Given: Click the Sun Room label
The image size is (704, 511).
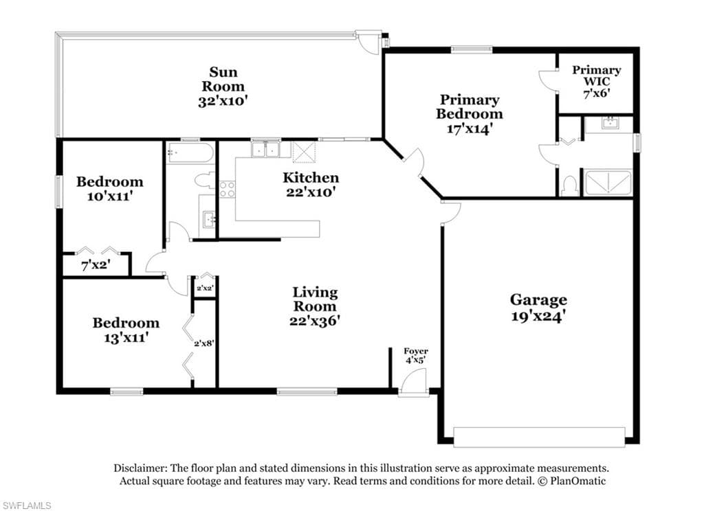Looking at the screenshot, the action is pos(223,79).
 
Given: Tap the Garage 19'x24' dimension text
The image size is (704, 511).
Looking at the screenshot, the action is pos(538,317).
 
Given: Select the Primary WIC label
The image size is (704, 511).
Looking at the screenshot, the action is pos(597,76).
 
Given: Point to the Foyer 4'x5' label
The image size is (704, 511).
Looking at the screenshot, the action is pos(416,355).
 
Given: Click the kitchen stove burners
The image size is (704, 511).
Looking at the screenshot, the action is pos(227,189).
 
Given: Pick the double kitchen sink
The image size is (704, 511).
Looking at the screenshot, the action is pos(266,149).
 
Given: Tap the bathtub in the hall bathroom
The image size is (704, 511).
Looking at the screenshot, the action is pos(190,153).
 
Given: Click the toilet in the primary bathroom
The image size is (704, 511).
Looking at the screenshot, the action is pos(570,185).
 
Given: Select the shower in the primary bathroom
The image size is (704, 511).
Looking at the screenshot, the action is pos(608,183).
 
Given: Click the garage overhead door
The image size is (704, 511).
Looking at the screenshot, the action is pos(539,437).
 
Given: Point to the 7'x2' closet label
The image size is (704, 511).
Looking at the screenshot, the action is pos(96,265).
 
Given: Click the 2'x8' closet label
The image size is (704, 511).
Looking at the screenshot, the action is pos(203,343).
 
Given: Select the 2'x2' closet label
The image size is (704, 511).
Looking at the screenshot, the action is pos(205,288).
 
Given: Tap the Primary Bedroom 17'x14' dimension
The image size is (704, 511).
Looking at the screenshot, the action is pos(470,128).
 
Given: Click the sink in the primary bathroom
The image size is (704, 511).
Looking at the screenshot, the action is pos(609,123).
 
